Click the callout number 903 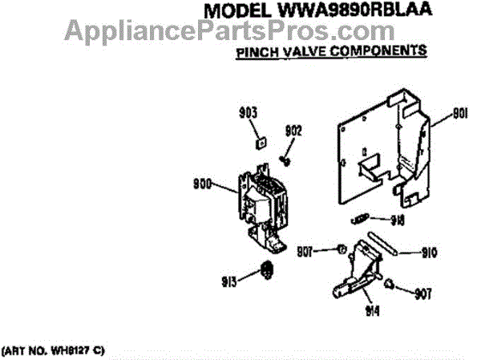250,113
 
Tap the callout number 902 293,130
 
